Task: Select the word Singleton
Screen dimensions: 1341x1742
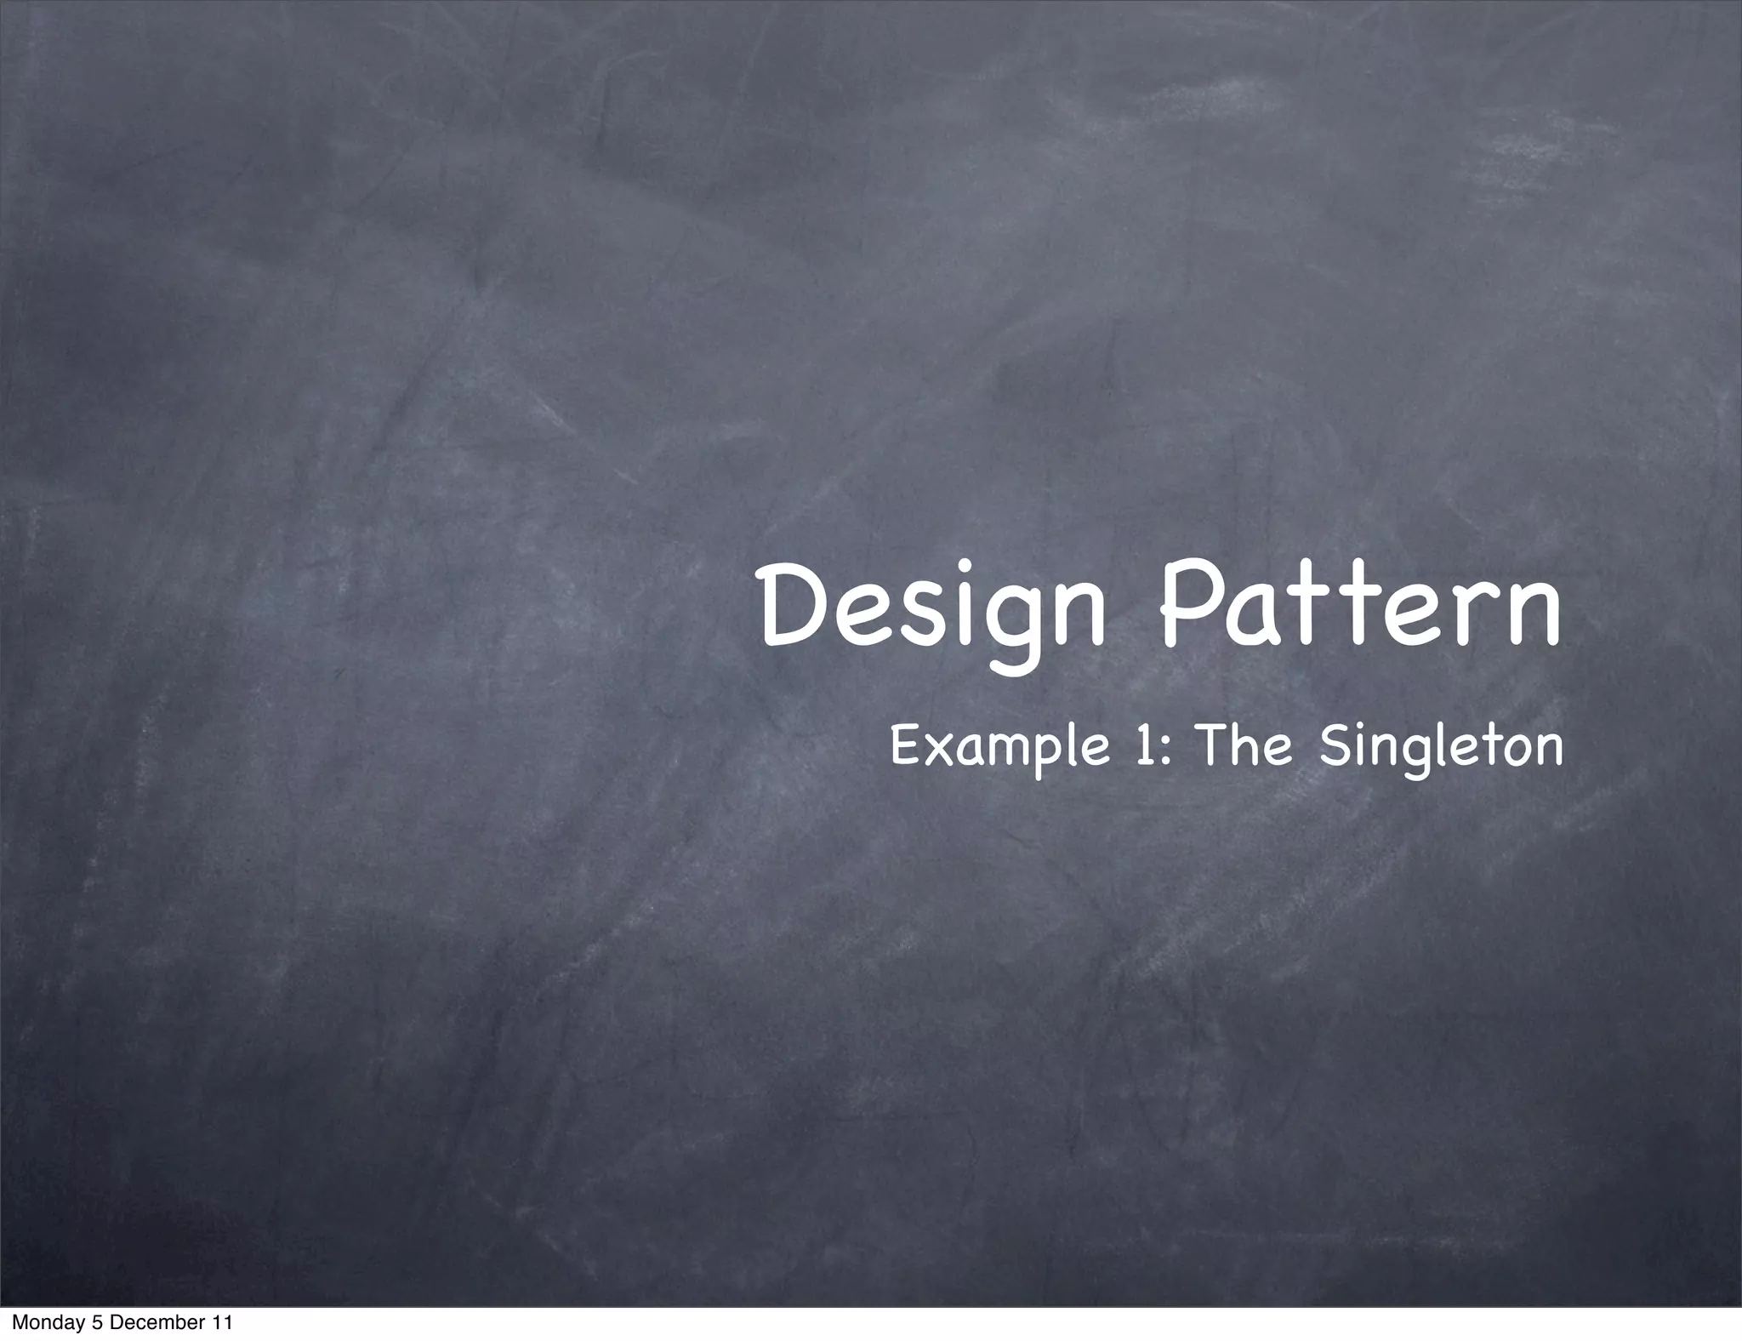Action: pos(1441,747)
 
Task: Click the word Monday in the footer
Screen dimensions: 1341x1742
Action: pos(42,1323)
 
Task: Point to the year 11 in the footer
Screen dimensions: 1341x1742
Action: pos(220,1323)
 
